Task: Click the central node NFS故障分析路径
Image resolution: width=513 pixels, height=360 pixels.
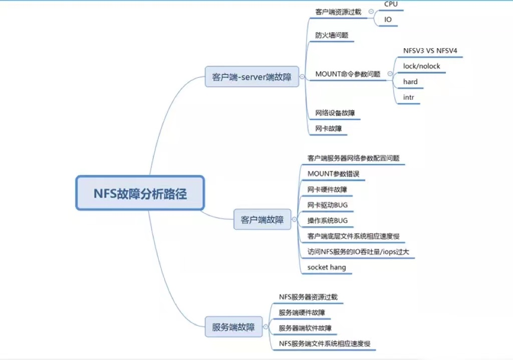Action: click(x=140, y=193)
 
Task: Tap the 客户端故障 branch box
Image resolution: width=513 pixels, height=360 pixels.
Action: click(x=262, y=219)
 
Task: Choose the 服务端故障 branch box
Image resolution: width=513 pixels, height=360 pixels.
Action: click(x=233, y=327)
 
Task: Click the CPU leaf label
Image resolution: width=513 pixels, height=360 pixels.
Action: click(x=391, y=4)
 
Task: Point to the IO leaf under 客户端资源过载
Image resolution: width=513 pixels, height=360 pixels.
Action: click(x=388, y=20)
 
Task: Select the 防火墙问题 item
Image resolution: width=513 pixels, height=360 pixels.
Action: click(x=332, y=36)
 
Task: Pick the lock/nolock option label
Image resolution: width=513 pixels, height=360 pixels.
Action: click(x=422, y=66)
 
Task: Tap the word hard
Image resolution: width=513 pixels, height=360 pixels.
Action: click(x=410, y=81)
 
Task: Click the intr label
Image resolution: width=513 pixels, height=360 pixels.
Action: click(x=409, y=97)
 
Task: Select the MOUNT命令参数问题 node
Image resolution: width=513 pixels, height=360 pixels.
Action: click(x=348, y=74)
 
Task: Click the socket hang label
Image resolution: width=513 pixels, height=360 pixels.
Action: click(x=327, y=267)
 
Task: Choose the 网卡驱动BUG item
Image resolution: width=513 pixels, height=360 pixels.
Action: click(x=328, y=205)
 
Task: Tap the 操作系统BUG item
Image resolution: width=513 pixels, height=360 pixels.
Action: click(x=328, y=220)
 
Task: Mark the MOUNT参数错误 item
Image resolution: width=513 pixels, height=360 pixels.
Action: click(x=333, y=174)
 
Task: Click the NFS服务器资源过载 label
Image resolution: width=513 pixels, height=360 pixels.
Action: click(x=308, y=297)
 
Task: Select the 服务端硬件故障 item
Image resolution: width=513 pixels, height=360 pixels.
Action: click(x=302, y=312)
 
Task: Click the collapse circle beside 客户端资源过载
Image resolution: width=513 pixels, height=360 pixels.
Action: click(x=370, y=12)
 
